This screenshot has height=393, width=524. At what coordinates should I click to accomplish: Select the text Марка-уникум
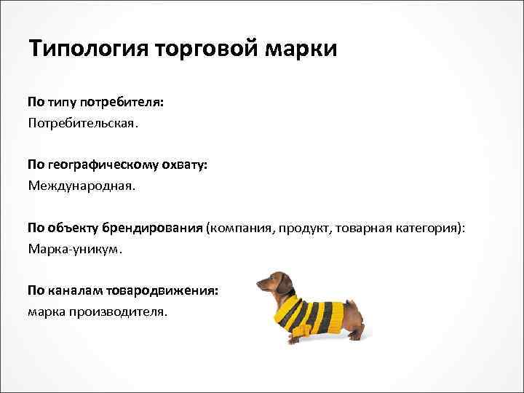click(76, 248)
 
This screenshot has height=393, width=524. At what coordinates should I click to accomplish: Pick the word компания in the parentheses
click(241, 228)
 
